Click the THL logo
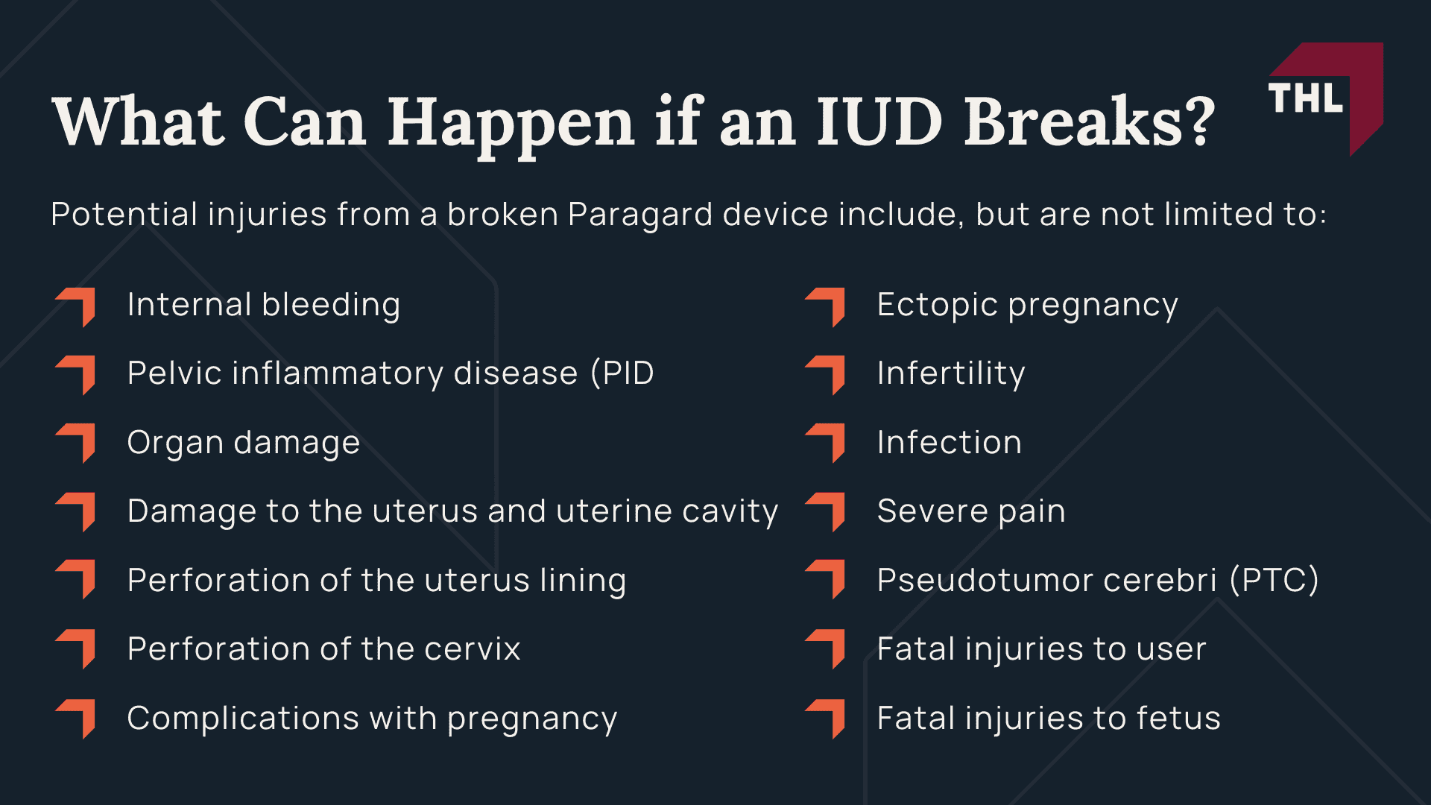pyautogui.click(x=1324, y=98)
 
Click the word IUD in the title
pyautogui.click(x=879, y=121)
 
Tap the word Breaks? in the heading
pyautogui.click(x=1090, y=121)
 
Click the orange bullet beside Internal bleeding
pyautogui.click(x=77, y=306)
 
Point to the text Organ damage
pyautogui.click(x=244, y=443)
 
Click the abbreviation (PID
pyautogui.click(x=622, y=373)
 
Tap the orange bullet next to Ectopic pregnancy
pyautogui.click(x=827, y=306)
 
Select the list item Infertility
pyautogui.click(x=951, y=373)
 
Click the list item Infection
pyautogui.click(x=950, y=443)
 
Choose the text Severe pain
pyautogui.click(x=971, y=511)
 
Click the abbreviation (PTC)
pyautogui.click(x=1274, y=580)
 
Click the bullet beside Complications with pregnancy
pyautogui.click(x=77, y=718)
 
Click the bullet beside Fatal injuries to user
pyautogui.click(x=827, y=648)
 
